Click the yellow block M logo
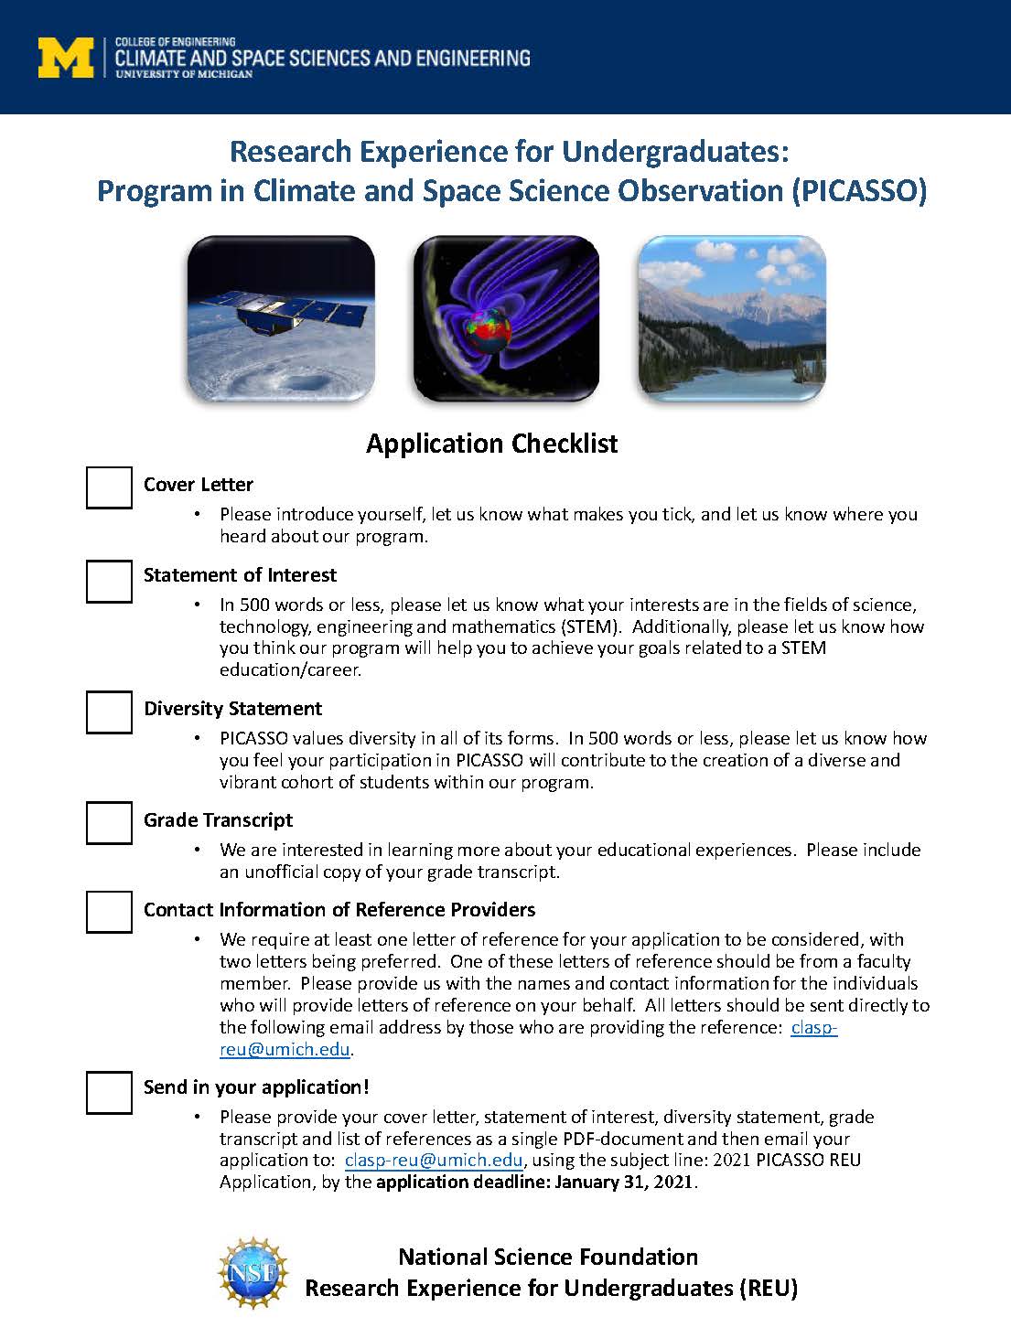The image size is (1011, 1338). (66, 57)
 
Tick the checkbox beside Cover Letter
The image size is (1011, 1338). (109, 487)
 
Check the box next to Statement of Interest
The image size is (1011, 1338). (109, 581)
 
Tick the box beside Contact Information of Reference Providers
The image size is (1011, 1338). (109, 911)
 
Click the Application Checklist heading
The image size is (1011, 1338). (491, 444)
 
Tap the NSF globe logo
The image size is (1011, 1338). (253, 1272)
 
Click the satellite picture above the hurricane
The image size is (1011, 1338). (281, 318)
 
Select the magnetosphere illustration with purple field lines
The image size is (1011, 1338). (506, 318)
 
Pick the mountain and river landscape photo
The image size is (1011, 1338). (731, 318)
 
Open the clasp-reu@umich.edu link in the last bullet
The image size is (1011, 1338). (434, 1160)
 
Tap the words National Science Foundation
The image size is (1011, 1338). (548, 1257)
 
